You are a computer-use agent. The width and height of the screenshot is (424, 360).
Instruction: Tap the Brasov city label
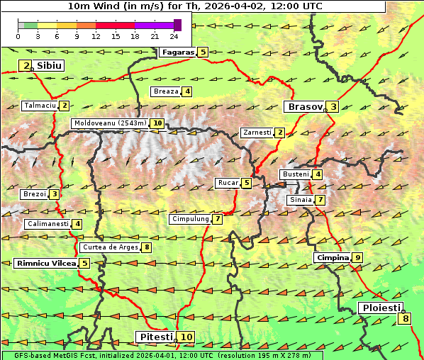coord(303,107)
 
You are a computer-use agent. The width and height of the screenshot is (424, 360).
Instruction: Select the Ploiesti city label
coord(381,308)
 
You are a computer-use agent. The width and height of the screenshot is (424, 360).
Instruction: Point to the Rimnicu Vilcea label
coord(45,263)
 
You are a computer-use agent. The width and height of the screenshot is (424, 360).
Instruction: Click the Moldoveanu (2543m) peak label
coord(110,123)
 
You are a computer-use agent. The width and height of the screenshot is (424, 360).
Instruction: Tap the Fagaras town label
coord(177,52)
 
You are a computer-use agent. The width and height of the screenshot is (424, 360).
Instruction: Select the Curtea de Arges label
coord(109,247)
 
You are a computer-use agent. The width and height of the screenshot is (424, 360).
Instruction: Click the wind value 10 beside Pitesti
coord(186,337)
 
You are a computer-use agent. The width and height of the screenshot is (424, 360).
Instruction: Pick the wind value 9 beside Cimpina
coord(357,258)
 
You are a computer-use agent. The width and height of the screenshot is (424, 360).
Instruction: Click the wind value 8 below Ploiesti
coord(405,319)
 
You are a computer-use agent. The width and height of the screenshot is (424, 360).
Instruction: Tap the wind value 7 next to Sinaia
coord(320,200)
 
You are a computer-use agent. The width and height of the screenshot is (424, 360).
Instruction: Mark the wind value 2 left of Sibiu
coord(26,66)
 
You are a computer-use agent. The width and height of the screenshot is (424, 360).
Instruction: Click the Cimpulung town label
coord(190,219)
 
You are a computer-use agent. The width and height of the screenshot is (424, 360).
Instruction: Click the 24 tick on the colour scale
coord(174,36)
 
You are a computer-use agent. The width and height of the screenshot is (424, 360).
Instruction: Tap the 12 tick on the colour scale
coord(96,36)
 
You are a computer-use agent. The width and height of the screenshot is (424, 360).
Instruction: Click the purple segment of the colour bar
coord(154,25)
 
